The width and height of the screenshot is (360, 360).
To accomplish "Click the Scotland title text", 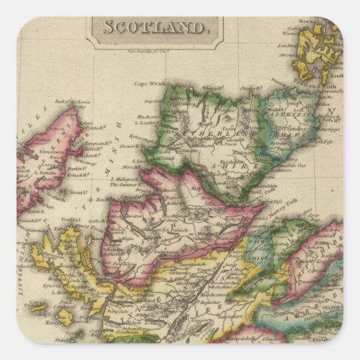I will point(153,27).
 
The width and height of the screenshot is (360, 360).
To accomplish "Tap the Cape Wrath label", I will point(150,84).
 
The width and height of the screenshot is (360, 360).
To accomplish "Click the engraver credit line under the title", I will point(145,50).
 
